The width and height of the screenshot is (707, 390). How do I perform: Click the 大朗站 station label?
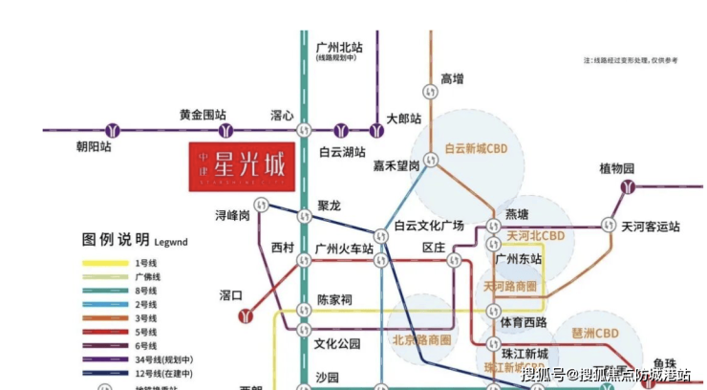pos(404,119)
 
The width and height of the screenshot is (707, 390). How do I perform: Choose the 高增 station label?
pos(452,78)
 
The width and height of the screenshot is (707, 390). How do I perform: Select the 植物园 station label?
pos(617,168)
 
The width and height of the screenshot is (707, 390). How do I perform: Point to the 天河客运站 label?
pos(651,227)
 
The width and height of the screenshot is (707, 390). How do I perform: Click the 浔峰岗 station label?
pos(232,215)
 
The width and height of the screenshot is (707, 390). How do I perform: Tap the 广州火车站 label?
pos(344,249)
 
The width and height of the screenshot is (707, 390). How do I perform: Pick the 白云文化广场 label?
pos(429,226)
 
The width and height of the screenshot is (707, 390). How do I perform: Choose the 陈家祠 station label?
pos(334,299)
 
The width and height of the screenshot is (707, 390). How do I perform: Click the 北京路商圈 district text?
pos(421,339)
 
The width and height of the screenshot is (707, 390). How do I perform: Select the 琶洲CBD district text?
pos(598,332)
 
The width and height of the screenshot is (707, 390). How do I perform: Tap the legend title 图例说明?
pos(116,239)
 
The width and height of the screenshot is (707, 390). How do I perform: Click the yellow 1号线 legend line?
pos(108,262)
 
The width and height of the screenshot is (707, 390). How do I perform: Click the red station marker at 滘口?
pos(247,312)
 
